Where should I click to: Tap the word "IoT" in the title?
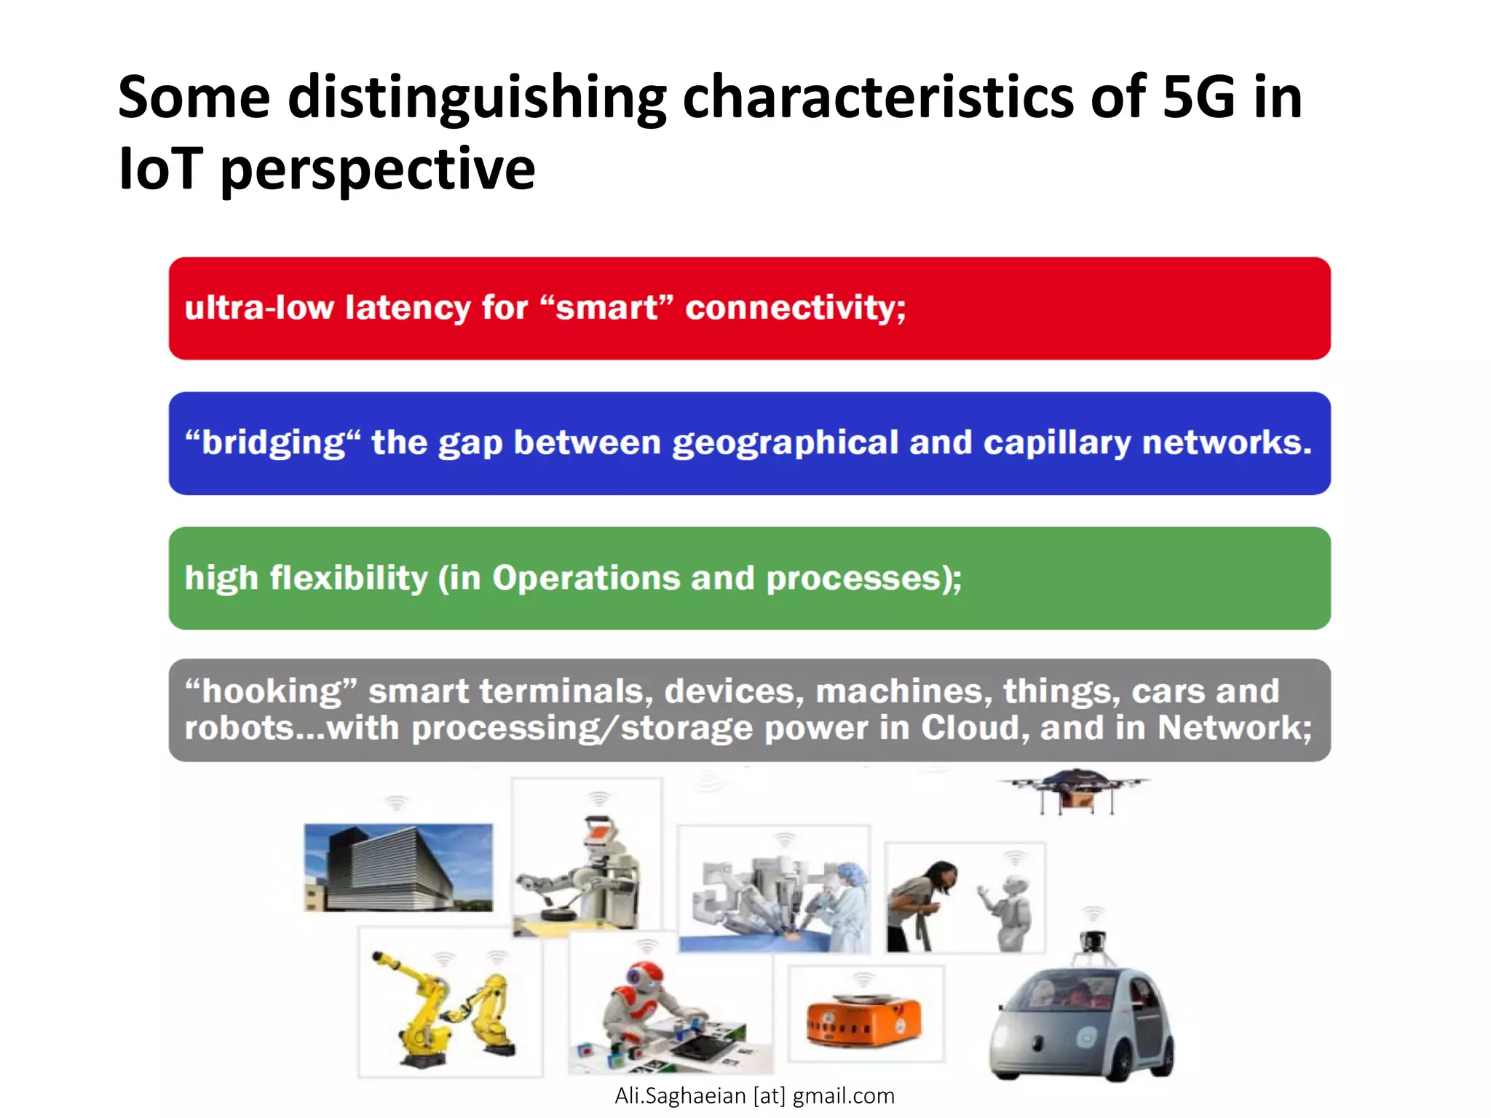click(x=159, y=169)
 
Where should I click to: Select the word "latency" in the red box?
click(x=408, y=307)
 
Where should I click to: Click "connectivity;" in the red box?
click(x=795, y=307)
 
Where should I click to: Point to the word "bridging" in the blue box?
click(x=272, y=443)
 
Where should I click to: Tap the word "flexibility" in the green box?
click(x=349, y=578)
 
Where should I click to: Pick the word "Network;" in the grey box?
click(x=1235, y=727)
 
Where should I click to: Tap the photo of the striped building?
click(x=398, y=867)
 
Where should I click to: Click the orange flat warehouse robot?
click(x=863, y=1018)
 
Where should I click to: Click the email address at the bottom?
click(x=754, y=1095)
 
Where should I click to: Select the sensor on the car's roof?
click(x=1092, y=941)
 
